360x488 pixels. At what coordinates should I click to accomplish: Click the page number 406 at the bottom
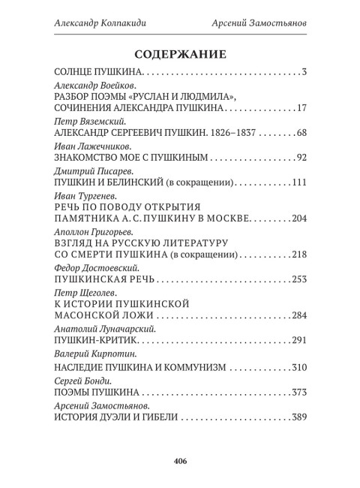(180, 460)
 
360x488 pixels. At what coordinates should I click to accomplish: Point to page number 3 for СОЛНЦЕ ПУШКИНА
(303, 73)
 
